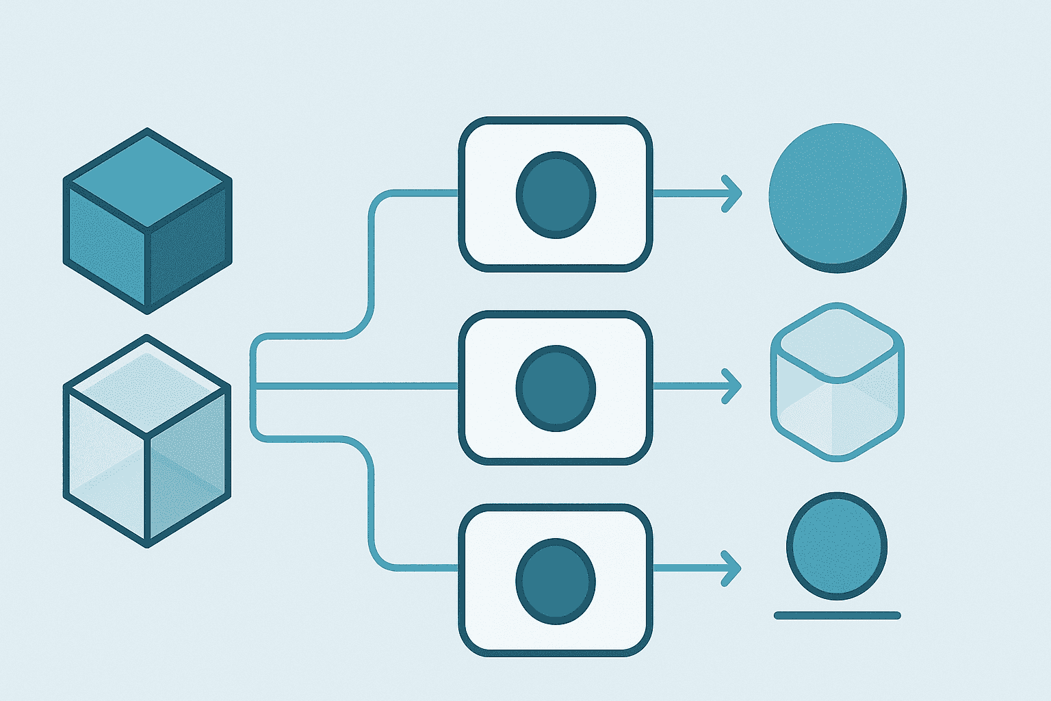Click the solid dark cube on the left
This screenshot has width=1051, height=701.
click(x=147, y=220)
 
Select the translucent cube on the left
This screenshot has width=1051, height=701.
click(x=147, y=441)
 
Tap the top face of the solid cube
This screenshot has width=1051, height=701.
click(x=148, y=179)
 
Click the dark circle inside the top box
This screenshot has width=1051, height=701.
click(x=556, y=195)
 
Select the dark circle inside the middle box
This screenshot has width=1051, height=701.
click(x=556, y=388)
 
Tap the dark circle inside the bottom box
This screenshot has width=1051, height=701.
click(x=556, y=581)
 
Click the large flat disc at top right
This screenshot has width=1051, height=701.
click(x=837, y=196)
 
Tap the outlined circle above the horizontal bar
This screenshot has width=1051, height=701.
click(x=837, y=546)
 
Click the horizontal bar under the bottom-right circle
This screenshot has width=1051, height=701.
click(x=837, y=615)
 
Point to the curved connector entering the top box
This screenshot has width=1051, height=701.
click(x=372, y=260)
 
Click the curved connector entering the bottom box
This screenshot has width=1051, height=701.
click(x=372, y=507)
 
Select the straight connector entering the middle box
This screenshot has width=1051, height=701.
click(x=356, y=386)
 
